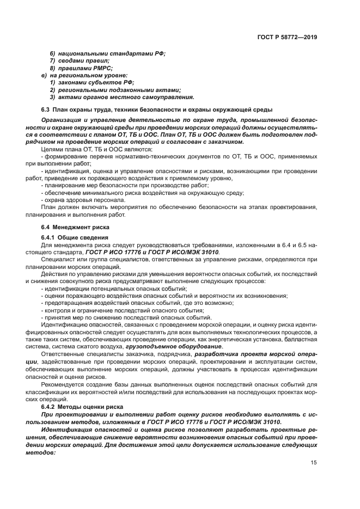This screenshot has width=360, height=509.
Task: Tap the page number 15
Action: [314, 462]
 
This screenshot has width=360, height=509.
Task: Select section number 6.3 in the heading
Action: [46, 110]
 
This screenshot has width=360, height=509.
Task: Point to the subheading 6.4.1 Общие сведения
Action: [75, 238]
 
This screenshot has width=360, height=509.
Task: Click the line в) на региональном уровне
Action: [84, 75]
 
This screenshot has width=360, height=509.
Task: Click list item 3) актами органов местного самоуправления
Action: [122, 97]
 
